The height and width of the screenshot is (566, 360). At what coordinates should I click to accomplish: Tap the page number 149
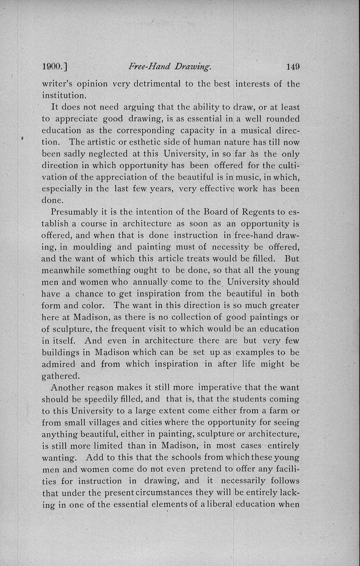[293, 67]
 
